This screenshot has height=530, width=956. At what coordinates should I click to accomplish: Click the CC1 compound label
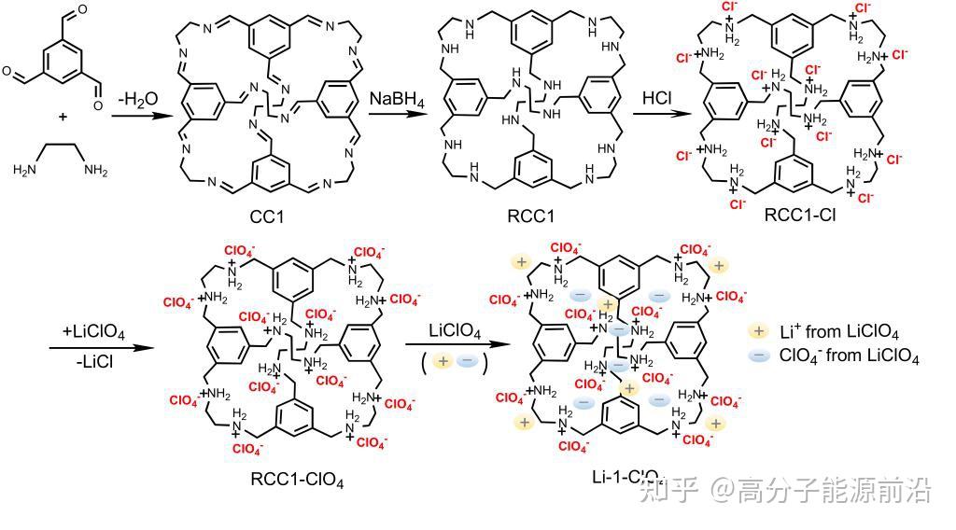tap(267, 216)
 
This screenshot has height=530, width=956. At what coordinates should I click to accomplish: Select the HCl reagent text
tap(657, 99)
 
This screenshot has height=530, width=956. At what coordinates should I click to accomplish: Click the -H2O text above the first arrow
tap(137, 99)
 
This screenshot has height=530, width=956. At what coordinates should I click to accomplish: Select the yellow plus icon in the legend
tap(758, 331)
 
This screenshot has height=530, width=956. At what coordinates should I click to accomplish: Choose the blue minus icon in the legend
tap(758, 357)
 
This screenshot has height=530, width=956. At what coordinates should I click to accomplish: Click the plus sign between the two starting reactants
tap(63, 118)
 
